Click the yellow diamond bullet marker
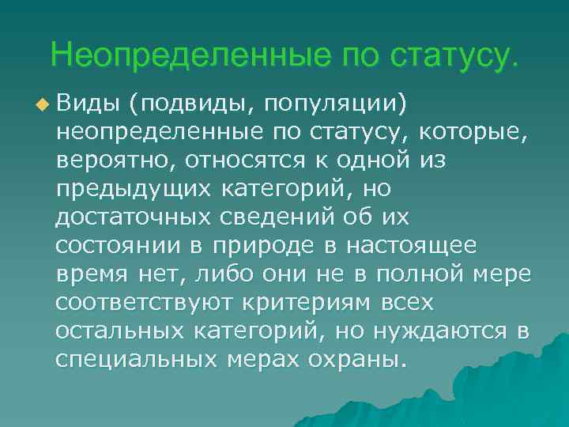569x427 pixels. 42,104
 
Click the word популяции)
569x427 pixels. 336,104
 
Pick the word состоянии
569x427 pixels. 119,245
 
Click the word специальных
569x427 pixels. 138,359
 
